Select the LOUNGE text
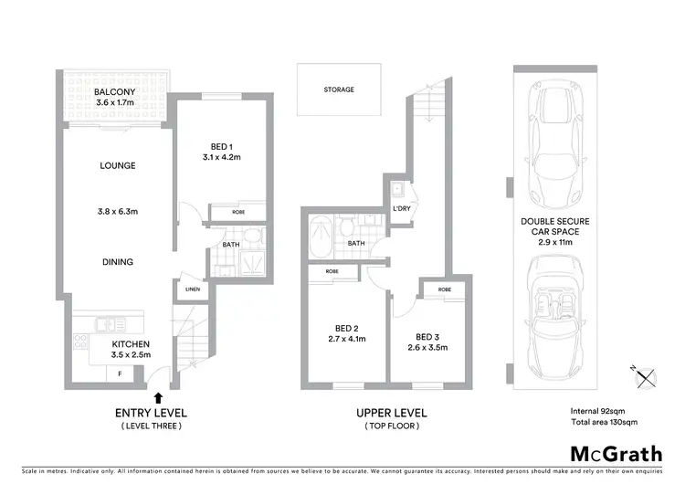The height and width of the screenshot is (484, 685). pos(118,166)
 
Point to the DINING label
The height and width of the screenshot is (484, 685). pos(118,262)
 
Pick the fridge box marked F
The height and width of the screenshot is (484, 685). pos(118,373)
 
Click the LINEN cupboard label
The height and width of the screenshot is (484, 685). pos(193,289)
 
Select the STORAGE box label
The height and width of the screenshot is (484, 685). pos(339,90)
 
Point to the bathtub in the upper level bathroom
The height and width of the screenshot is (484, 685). pos(322,239)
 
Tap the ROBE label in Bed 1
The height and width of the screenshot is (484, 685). pos(238,211)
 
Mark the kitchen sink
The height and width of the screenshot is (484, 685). pos(106,322)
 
